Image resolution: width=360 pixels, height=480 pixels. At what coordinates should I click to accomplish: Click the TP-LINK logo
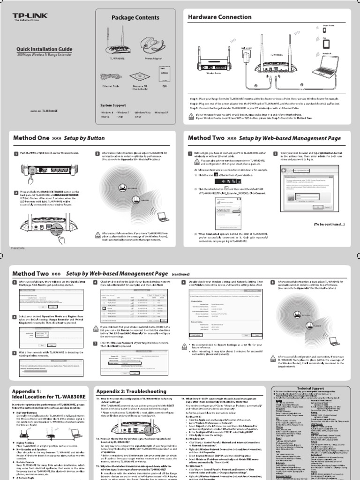click(29, 18)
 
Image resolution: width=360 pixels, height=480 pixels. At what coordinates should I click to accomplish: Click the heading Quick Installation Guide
click(44, 49)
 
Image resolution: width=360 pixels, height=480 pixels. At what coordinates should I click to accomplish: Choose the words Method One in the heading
click(31, 138)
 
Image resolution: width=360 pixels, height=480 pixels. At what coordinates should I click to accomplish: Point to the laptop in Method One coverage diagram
click(163, 216)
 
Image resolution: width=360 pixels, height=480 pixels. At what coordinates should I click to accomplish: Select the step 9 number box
click(272, 282)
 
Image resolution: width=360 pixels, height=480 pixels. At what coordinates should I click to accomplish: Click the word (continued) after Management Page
click(180, 274)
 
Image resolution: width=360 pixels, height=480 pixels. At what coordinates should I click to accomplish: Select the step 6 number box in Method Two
click(97, 282)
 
